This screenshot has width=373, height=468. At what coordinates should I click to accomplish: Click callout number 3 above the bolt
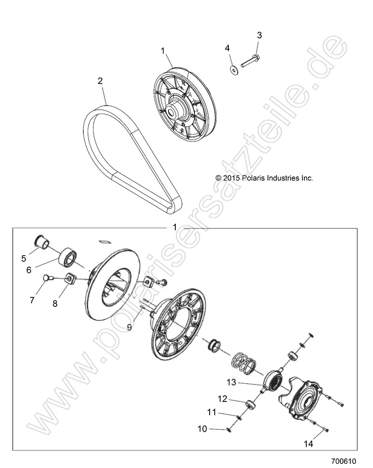[x=259, y=35]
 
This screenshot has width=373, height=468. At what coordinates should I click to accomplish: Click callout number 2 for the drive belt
[x=100, y=81]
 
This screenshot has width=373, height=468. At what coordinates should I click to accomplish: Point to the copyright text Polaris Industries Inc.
[x=264, y=178]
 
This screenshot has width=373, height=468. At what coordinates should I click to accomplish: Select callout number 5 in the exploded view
[x=23, y=257]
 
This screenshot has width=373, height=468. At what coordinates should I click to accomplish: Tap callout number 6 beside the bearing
[x=29, y=270]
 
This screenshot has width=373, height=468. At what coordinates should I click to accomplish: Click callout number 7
[x=32, y=301]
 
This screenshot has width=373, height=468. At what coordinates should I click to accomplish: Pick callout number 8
[x=56, y=303]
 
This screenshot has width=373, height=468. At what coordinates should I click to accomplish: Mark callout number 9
[x=130, y=327]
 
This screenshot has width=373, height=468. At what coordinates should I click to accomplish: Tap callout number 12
[x=222, y=399]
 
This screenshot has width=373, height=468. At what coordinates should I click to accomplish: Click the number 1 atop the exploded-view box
[x=175, y=227]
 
